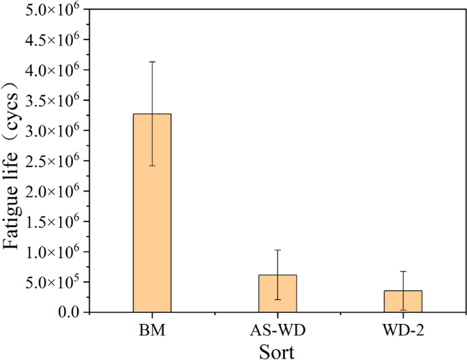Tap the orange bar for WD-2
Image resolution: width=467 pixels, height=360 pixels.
(x=403, y=301)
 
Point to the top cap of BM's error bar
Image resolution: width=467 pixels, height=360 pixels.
(x=152, y=62)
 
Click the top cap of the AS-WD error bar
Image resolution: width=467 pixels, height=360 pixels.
(x=277, y=250)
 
